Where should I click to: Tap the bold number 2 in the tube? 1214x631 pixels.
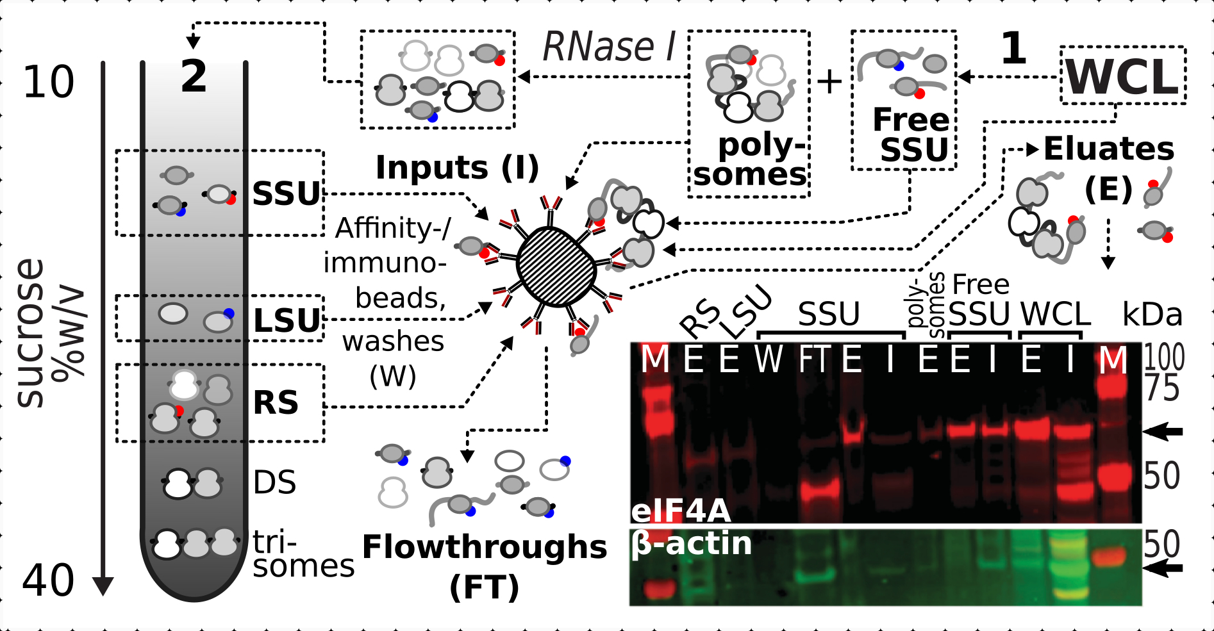(x=194, y=77)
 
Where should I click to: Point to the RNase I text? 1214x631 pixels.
(x=608, y=47)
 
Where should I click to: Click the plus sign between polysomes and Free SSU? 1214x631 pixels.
(x=829, y=81)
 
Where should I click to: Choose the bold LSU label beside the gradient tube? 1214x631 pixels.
(x=287, y=321)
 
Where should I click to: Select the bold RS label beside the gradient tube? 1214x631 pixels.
(x=276, y=403)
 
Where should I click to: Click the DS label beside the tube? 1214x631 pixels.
(x=274, y=482)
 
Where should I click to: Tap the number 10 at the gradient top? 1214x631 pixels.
(x=48, y=83)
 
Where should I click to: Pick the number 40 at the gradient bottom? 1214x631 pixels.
(x=48, y=581)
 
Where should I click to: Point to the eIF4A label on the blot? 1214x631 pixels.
(x=681, y=511)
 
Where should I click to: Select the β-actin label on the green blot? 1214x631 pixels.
(x=691, y=543)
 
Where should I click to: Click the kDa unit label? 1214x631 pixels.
(x=1152, y=315)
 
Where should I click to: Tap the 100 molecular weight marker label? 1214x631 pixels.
(x=1164, y=357)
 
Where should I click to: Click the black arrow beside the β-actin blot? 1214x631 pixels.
(x=1163, y=568)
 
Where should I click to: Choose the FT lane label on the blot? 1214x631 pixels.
(x=815, y=359)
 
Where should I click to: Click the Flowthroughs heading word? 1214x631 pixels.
(x=485, y=547)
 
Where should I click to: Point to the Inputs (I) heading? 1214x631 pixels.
(x=457, y=168)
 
